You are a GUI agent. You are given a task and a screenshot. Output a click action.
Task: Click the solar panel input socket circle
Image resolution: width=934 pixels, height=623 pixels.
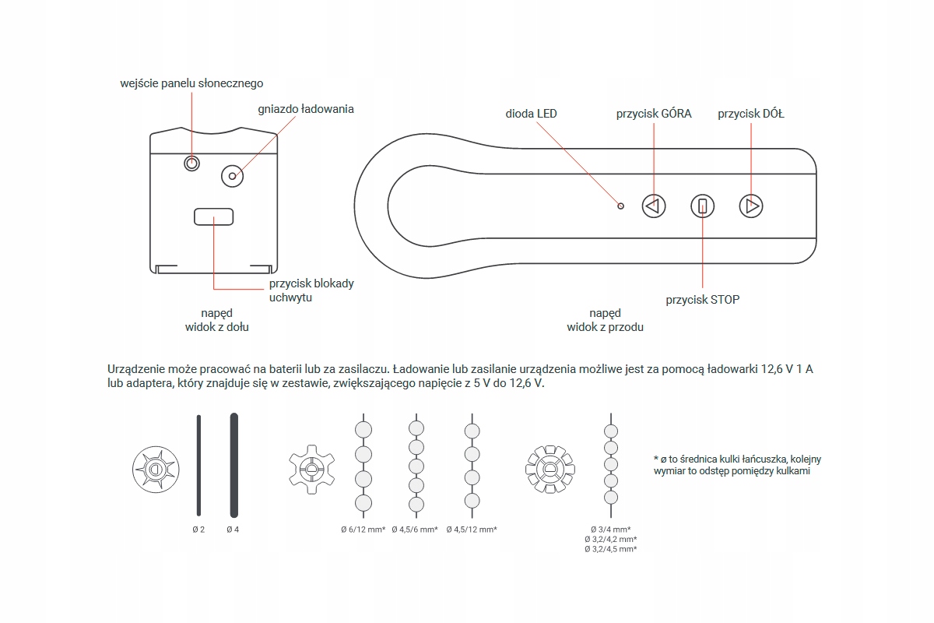[x=191, y=163]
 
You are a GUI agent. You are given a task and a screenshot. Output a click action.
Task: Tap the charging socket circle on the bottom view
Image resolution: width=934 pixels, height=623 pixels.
[x=232, y=176]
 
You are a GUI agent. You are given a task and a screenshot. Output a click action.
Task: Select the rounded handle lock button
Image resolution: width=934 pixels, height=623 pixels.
[x=213, y=216]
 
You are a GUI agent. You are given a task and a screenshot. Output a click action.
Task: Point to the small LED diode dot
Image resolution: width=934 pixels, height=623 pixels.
[x=620, y=206]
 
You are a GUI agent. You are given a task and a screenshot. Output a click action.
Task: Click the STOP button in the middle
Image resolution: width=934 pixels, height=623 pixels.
[x=702, y=206]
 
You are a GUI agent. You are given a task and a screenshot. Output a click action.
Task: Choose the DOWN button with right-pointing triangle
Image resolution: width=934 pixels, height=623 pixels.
[x=751, y=206]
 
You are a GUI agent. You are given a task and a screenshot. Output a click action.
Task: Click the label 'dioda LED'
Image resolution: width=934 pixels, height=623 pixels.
[x=531, y=114]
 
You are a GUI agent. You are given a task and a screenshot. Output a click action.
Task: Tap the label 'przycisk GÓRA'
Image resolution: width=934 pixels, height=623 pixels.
[x=653, y=114]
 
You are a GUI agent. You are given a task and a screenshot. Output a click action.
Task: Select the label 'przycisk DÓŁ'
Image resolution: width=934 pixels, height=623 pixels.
[x=750, y=114]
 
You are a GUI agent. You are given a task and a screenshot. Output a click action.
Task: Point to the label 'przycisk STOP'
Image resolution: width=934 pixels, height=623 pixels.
[x=702, y=299]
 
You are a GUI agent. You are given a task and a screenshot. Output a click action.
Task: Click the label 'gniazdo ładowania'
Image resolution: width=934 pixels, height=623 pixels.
[x=305, y=109]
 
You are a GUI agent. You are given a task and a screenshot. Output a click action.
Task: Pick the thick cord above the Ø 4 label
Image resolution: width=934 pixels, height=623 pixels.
[x=233, y=465]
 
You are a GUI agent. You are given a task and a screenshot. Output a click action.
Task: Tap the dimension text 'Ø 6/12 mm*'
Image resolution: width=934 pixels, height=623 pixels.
[x=363, y=530]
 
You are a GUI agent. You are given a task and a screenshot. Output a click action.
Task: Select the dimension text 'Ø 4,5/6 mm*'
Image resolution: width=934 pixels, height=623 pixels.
[x=415, y=530]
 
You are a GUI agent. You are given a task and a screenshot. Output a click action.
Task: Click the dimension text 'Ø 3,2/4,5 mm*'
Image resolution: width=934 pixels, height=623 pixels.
[x=611, y=549]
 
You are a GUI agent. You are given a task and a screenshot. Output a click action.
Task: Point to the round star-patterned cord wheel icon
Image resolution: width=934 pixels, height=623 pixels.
[x=156, y=470]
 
